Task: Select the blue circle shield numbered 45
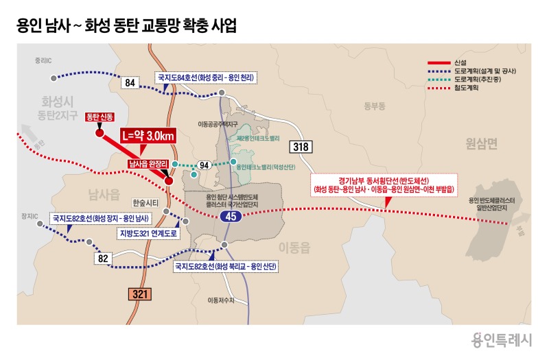(x=230, y=217)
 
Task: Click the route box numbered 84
(x=130, y=82)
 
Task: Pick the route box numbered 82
(x=104, y=259)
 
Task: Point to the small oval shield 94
(x=204, y=165)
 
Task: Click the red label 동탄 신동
(x=100, y=117)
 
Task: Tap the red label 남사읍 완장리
(x=149, y=164)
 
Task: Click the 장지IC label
(x=29, y=216)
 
